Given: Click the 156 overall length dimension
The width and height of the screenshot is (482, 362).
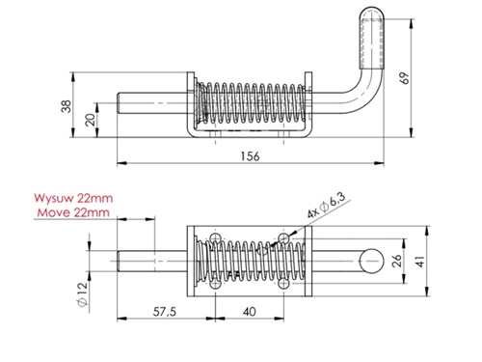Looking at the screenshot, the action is pyautogui.click(x=250, y=156).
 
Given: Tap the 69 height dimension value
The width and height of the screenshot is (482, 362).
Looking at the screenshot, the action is pyautogui.click(x=406, y=78).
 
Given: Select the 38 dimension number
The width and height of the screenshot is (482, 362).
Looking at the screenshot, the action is pyautogui.click(x=66, y=106).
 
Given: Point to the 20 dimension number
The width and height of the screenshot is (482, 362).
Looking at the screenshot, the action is pyautogui.click(x=92, y=120).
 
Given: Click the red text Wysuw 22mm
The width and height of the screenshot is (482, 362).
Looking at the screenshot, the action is pyautogui.click(x=73, y=198).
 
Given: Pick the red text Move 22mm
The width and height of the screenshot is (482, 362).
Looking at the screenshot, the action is pyautogui.click(x=73, y=212).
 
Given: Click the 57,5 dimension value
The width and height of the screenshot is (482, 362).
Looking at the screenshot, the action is pyautogui.click(x=164, y=312).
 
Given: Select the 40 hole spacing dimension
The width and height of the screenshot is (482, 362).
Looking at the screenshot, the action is pyautogui.click(x=250, y=312).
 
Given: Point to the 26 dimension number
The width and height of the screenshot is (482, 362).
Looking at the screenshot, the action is pyautogui.click(x=397, y=261).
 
